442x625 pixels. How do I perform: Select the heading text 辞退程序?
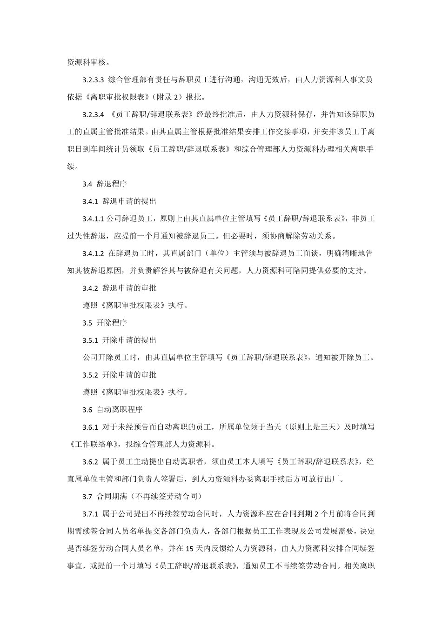(x=112, y=184)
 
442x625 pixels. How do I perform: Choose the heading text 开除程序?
(x=112, y=323)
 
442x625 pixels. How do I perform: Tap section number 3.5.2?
(x=90, y=375)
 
